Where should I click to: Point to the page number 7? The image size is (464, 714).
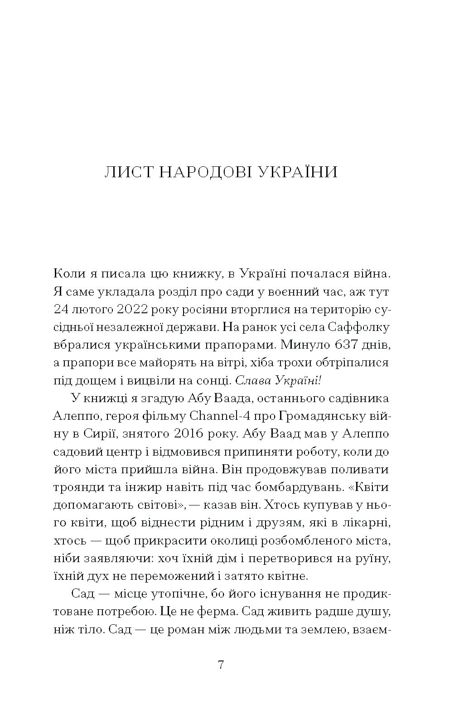point(221,665)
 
